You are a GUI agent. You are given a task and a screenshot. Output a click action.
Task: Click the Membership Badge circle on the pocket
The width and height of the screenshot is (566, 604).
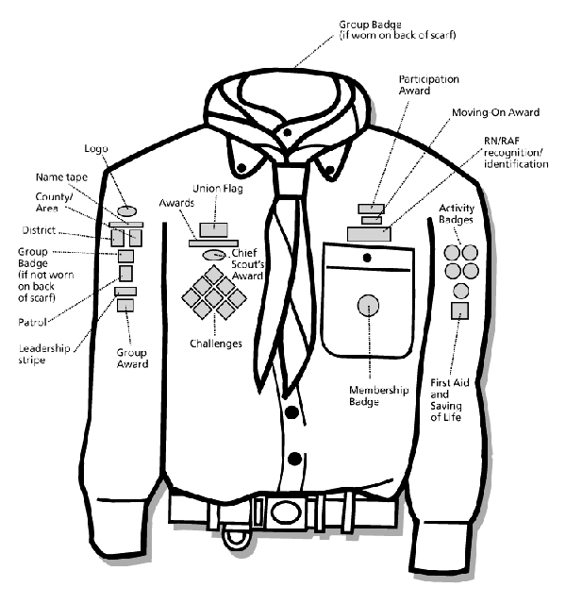pyautogui.click(x=368, y=305)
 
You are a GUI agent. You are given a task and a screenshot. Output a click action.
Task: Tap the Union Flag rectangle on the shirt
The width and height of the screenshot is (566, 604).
pyautogui.click(x=213, y=227)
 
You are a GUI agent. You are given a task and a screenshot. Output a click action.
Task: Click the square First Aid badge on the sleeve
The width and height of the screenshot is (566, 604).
pyautogui.click(x=459, y=310)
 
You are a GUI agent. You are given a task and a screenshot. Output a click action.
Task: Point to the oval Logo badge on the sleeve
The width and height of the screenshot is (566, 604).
pyautogui.click(x=127, y=210)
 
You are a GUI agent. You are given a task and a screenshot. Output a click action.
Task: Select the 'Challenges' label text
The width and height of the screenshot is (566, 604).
pyautogui.click(x=215, y=344)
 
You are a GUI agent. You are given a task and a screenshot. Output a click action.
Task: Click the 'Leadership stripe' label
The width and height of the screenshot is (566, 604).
pyautogui.click(x=43, y=354)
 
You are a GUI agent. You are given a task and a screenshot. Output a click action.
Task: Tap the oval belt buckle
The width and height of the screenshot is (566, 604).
pyautogui.click(x=280, y=514)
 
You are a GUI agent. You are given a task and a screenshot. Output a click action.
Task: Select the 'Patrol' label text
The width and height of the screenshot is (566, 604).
pyautogui.click(x=34, y=321)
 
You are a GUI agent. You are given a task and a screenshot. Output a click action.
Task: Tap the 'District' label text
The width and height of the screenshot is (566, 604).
pyautogui.click(x=39, y=230)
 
